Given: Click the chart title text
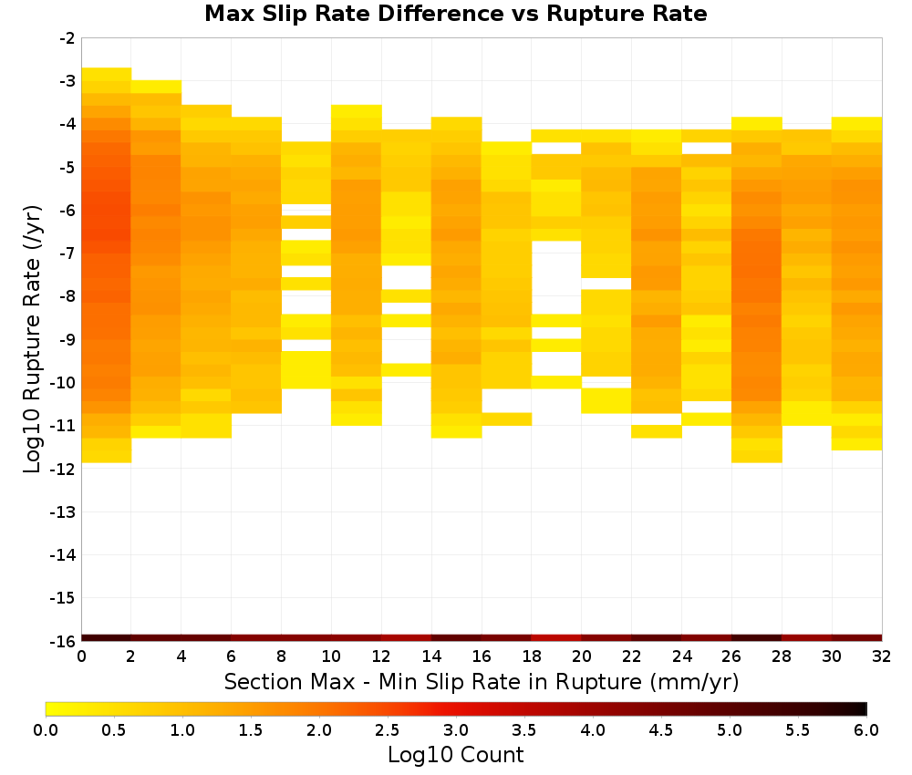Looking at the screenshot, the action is click(455, 14).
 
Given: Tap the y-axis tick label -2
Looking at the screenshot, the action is click(67, 38).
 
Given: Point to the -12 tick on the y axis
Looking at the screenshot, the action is click(64, 469).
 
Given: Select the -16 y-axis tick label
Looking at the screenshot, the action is click(64, 641).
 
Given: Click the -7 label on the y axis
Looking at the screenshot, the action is click(67, 253).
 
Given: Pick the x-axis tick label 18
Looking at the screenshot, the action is click(532, 656).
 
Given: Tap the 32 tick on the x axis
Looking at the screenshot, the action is click(882, 656).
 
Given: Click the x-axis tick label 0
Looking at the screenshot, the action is click(81, 656).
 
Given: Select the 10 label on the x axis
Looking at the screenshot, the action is click(332, 656).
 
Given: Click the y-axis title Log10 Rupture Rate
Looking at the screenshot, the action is click(33, 338).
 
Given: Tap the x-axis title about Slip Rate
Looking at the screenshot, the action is click(482, 681).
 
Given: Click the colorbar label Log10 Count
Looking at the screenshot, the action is click(455, 754).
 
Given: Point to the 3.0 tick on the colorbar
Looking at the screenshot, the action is click(456, 729).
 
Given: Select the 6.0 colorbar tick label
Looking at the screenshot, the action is click(866, 729).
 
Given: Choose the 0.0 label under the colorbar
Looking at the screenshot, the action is click(46, 729).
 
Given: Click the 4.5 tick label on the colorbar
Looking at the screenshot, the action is click(661, 729).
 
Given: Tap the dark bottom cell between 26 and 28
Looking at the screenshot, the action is click(756, 638).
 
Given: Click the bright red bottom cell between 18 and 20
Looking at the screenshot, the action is click(556, 638).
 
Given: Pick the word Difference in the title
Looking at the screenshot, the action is click(440, 14).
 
